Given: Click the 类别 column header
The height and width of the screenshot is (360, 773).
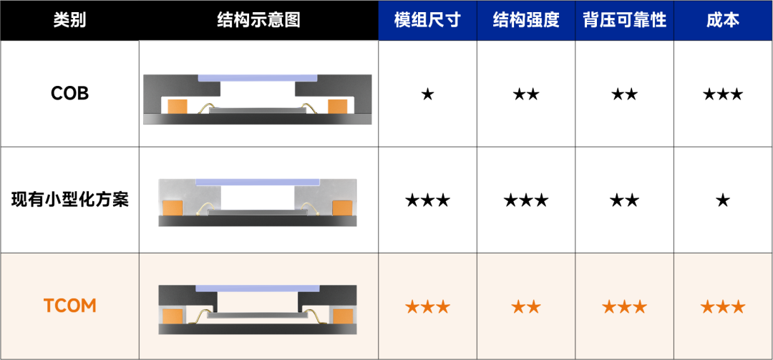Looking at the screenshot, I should click(69, 20).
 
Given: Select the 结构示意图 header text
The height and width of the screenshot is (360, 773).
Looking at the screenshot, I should click(258, 20).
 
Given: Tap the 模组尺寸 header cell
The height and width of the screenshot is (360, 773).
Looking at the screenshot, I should click(427, 20).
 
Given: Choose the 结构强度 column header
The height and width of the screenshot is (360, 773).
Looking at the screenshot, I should click(526, 20).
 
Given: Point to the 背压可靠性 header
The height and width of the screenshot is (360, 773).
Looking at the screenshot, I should click(625, 20).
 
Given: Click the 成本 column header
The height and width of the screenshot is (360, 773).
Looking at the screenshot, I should click(723, 20).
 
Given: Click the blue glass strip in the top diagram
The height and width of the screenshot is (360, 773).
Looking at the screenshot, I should click(257, 77).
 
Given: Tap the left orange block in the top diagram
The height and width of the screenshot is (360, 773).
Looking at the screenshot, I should click(177, 106).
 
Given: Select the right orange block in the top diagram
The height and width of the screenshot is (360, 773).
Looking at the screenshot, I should click(337, 106).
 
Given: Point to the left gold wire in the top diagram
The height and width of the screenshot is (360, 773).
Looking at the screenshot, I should click(203, 108).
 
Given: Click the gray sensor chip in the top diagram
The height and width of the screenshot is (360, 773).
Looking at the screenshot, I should click(257, 110).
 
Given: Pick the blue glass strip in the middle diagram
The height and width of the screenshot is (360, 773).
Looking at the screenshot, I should click(257, 182).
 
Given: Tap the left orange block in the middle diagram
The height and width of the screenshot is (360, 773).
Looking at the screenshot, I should click(172, 208).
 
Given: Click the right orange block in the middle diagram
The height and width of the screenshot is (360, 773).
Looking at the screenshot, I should click(342, 208).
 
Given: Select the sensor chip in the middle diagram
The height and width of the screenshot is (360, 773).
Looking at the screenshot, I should click(257, 213).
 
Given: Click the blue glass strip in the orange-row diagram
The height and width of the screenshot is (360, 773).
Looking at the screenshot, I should click(257, 288).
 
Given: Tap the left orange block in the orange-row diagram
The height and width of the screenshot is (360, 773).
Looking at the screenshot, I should click(172, 316).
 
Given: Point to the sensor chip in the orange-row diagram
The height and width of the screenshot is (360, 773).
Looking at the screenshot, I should click(257, 316).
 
